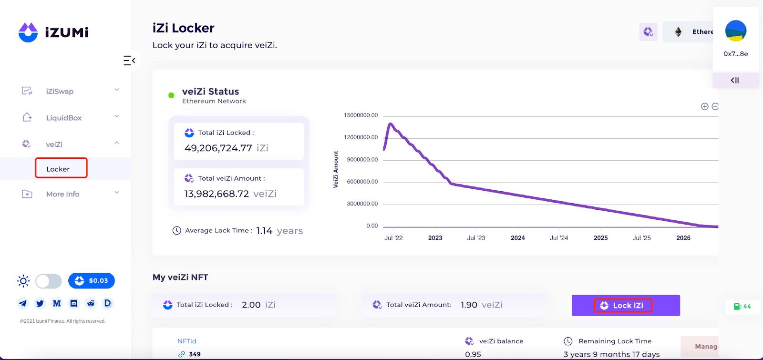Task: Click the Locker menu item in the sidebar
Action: pyautogui.click(x=58, y=169)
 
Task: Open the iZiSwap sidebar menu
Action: pyautogui.click(x=60, y=91)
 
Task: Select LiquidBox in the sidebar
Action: pyautogui.click(x=63, y=118)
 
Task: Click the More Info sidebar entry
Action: pyautogui.click(x=62, y=194)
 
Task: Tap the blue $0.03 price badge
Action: pyautogui.click(x=92, y=281)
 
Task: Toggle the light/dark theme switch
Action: pyautogui.click(x=49, y=281)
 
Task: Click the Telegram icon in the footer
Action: pyautogui.click(x=23, y=303)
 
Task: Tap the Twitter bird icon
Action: pyautogui.click(x=40, y=303)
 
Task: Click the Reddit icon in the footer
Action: pyautogui.click(x=91, y=303)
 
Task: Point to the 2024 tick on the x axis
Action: pyautogui.click(x=518, y=237)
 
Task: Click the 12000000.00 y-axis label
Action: pyautogui.click(x=361, y=137)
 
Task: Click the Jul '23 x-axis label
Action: pyautogui.click(x=476, y=237)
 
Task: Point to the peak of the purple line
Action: pyautogui.click(x=391, y=124)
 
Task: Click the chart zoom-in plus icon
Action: pyautogui.click(x=704, y=106)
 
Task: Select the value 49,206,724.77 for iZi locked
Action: pyautogui.click(x=218, y=148)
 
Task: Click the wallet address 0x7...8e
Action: pyautogui.click(x=736, y=54)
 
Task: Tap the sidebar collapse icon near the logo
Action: pyautogui.click(x=129, y=61)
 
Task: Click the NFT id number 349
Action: pyautogui.click(x=195, y=354)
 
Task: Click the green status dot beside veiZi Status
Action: pyautogui.click(x=171, y=95)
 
